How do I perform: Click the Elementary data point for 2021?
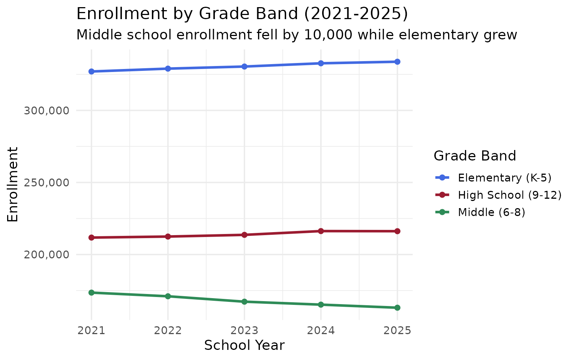pyautogui.click(x=91, y=71)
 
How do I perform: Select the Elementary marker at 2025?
pyautogui.click(x=397, y=61)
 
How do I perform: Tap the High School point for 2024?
pyautogui.click(x=321, y=231)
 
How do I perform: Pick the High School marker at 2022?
pyautogui.click(x=168, y=236)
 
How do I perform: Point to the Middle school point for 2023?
pyautogui.click(x=244, y=301)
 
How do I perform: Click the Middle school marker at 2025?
pyautogui.click(x=397, y=307)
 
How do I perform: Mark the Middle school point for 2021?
pyautogui.click(x=91, y=292)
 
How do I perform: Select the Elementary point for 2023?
pyautogui.click(x=244, y=66)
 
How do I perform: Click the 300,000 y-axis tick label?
pyautogui.click(x=47, y=111)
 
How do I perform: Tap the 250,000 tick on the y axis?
pyautogui.click(x=47, y=183)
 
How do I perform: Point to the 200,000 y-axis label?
pyautogui.click(x=47, y=255)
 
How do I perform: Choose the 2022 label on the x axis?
pyautogui.click(x=168, y=331)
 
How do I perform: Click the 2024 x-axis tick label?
pyautogui.click(x=321, y=331)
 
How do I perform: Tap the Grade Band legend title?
pyautogui.click(x=475, y=156)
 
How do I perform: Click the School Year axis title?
pyautogui.click(x=244, y=345)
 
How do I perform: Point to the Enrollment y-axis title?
pyautogui.click(x=13, y=184)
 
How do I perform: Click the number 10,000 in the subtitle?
pyautogui.click(x=328, y=35)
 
